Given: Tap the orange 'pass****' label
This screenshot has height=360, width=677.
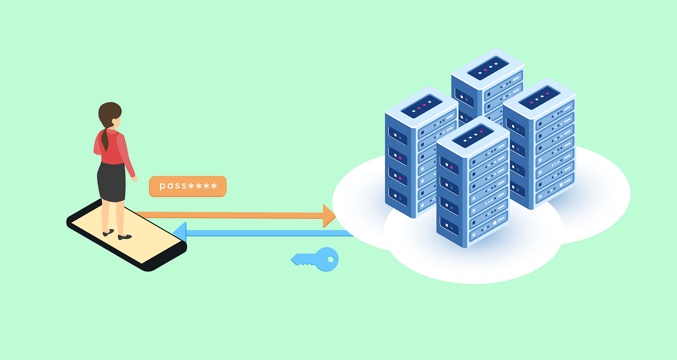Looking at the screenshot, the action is tap(188, 186).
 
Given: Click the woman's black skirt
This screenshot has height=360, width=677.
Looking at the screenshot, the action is tap(111, 182).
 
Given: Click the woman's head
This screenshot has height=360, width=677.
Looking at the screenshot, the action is tap(109, 115).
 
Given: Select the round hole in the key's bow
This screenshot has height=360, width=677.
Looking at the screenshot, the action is tap(331, 259).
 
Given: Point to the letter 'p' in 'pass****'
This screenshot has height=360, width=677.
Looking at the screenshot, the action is tap(162, 187).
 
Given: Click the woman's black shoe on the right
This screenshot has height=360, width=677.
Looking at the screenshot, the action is tap(125, 237).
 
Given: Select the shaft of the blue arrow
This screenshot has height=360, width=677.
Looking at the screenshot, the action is tap(266, 233).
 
